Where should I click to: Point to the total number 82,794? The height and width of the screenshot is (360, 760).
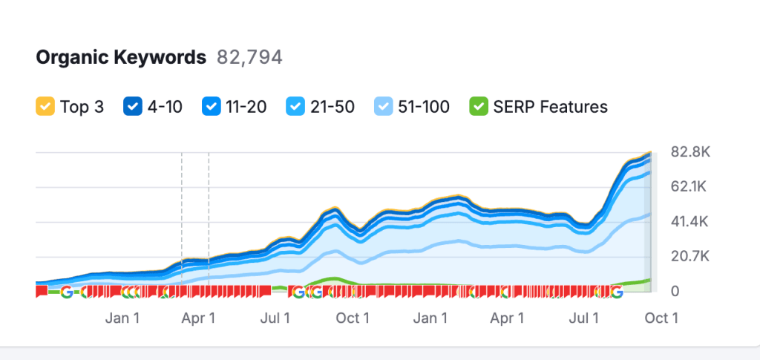coord(249,57)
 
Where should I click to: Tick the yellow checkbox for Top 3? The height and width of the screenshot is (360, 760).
coord(45,107)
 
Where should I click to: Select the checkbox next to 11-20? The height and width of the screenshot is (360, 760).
coord(211,107)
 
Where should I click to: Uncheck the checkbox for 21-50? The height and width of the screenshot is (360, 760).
coord(296,107)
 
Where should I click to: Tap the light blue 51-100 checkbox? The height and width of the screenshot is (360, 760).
coord(384,107)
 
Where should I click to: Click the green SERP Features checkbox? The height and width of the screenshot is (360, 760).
coord(478,107)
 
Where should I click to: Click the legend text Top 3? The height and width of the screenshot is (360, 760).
coord(82,107)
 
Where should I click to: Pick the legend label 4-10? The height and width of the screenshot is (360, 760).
coord(165,107)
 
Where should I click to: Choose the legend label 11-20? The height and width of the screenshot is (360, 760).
coord(246,107)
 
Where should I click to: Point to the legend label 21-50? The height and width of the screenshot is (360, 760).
coord(332,107)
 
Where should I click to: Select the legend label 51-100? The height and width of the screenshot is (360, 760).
coord(423,107)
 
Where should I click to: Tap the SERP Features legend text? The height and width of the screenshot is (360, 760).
coord(550,107)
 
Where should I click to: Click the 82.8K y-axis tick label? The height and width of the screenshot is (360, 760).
coord(690,152)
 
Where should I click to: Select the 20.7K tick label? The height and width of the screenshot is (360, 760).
coord(689,256)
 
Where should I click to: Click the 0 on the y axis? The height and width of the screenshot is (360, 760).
coord(675,291)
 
